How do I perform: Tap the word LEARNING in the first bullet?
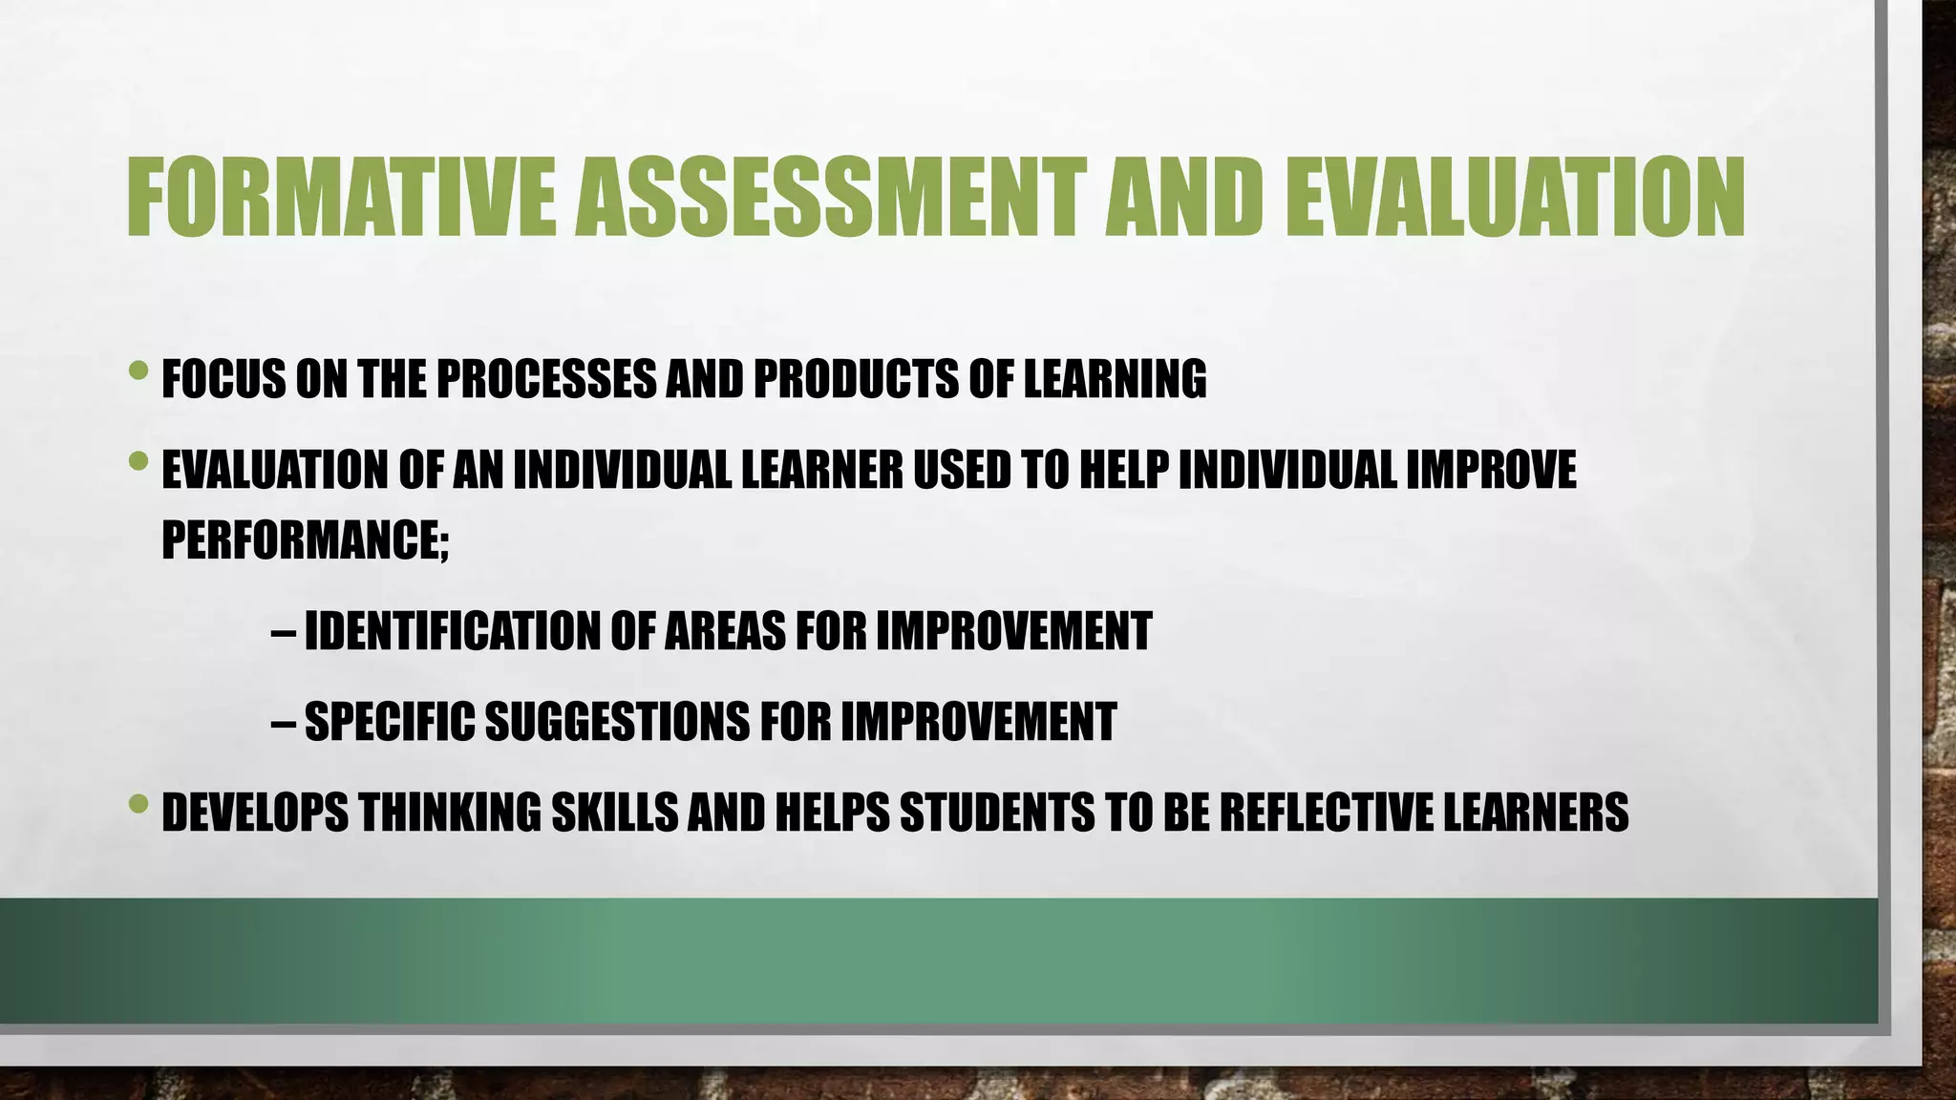1115,379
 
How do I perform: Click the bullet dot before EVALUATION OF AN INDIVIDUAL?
138,462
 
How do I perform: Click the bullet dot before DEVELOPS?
138,803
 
